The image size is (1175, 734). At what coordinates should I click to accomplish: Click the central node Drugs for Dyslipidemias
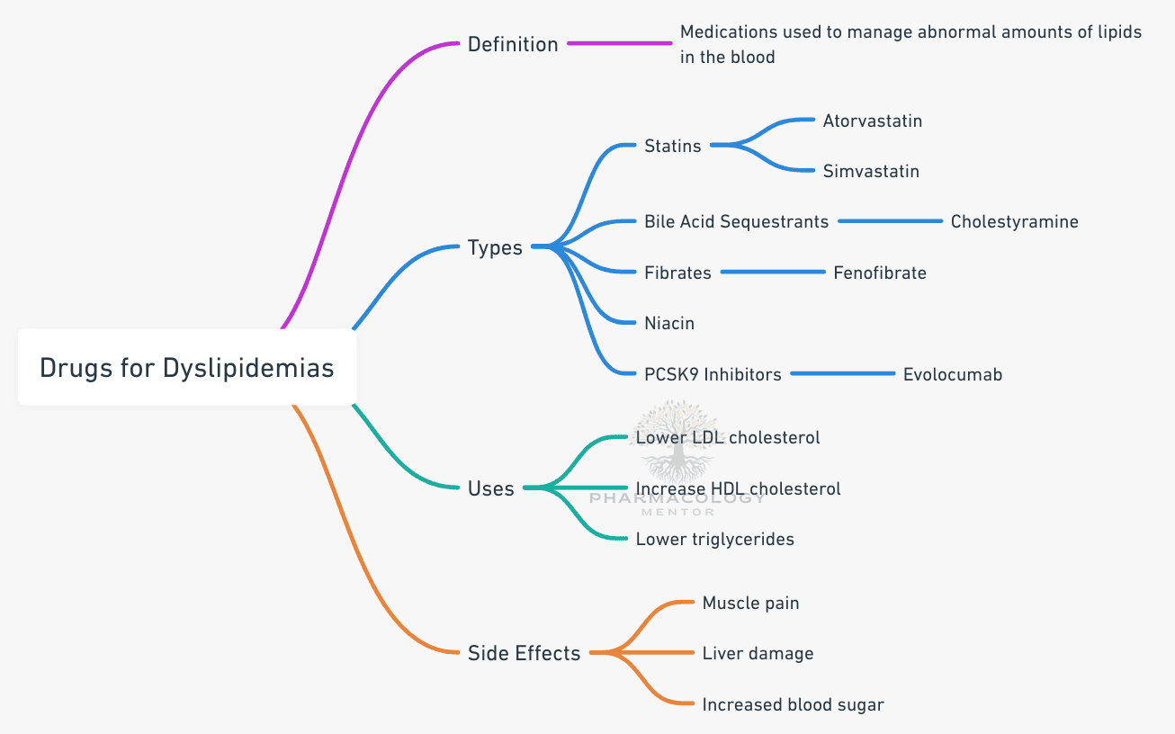coord(187,368)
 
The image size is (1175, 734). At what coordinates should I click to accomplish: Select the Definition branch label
coord(513,43)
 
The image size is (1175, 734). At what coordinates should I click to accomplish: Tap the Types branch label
coord(495,247)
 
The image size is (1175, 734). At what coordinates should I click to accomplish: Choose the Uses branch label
coord(491,488)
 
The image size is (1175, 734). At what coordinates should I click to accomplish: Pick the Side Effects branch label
coord(524,653)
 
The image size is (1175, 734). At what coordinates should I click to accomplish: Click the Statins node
coord(672,146)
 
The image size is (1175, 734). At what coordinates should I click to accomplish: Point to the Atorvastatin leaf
coord(872,121)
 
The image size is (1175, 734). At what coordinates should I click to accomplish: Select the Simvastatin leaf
coord(871,171)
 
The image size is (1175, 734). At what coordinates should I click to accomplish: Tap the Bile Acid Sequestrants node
coord(736,221)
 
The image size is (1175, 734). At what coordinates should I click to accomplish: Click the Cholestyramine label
coord(1014,221)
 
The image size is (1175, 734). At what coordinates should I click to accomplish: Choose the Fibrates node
coord(677,273)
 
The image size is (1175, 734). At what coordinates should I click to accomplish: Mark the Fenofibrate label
coord(879,273)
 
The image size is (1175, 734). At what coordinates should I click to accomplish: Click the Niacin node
coord(669,323)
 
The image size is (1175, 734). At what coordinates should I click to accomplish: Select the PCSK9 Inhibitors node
coord(713,374)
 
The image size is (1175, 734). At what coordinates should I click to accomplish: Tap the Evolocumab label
coord(952,374)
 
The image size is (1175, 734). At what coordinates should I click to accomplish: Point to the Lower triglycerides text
coord(714,539)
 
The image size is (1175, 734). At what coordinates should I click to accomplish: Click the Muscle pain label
coord(750,603)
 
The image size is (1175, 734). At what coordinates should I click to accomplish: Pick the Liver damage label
coord(758,654)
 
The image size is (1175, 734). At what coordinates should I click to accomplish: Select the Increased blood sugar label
coord(793,704)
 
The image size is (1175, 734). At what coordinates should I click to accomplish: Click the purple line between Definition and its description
coord(619,43)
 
